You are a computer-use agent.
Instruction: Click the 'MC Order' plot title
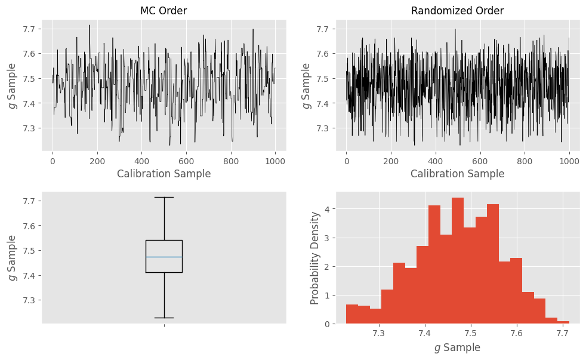(x=164, y=11)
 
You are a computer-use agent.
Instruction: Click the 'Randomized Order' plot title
(x=457, y=11)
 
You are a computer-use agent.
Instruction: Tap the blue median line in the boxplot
(x=164, y=257)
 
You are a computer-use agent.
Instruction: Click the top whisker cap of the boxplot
(x=164, y=197)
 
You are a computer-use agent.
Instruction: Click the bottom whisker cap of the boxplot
(x=164, y=318)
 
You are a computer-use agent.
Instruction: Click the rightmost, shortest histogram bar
(x=563, y=322)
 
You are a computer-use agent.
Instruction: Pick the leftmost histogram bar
(x=352, y=314)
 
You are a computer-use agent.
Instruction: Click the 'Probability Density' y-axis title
(x=315, y=258)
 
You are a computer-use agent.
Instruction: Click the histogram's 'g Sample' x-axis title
(x=457, y=347)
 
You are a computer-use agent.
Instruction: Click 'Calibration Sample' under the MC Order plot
(x=164, y=174)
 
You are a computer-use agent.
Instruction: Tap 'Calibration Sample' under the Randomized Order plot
(x=457, y=174)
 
